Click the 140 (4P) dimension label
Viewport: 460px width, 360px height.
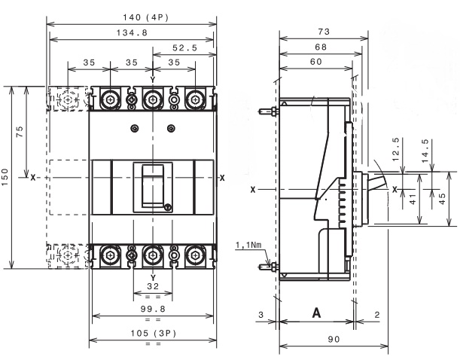(145, 17)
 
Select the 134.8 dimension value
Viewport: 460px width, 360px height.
(132, 32)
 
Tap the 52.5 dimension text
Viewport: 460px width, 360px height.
(184, 47)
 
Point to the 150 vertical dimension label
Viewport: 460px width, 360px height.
(5, 177)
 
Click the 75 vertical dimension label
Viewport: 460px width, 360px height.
(20, 132)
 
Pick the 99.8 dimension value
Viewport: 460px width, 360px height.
(153, 309)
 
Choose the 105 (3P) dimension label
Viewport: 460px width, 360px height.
(153, 334)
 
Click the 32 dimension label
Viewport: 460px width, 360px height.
(153, 286)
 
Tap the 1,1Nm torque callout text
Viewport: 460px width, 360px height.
(248, 245)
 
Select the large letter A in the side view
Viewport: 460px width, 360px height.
(316, 313)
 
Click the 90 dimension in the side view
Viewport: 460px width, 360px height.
(334, 340)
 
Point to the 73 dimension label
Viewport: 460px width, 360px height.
(324, 32)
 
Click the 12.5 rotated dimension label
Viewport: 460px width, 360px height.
(396, 149)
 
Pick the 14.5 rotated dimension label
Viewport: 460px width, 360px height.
(425, 151)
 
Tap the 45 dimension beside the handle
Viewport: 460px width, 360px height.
(442, 198)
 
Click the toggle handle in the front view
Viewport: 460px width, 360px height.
(153, 186)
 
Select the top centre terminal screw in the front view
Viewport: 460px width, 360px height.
(153, 99)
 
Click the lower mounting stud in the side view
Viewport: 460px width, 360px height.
(267, 267)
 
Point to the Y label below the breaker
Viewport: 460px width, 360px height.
(153, 278)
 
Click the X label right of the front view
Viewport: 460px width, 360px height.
(222, 178)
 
